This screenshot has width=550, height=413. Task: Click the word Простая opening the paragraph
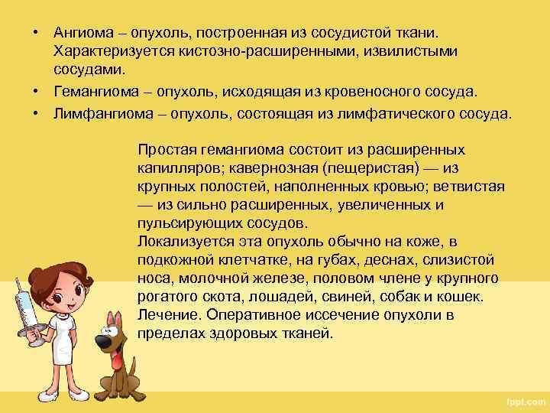click(167, 151)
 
